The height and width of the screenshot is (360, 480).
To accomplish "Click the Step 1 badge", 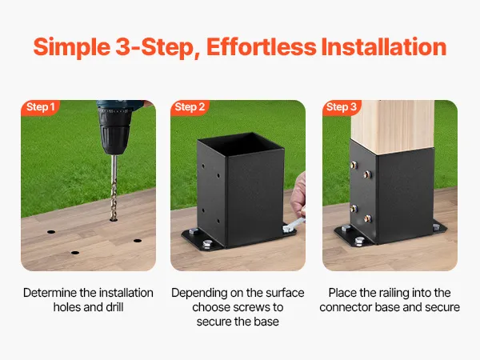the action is [x=40, y=107].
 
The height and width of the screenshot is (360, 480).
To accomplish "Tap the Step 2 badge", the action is [x=190, y=107].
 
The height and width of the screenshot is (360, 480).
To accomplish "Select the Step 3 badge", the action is [x=342, y=107].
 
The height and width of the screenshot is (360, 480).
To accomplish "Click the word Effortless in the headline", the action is [x=262, y=47].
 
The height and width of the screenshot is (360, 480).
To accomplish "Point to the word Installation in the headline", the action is [x=384, y=47].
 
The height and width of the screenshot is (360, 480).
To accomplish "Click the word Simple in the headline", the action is [x=72, y=48].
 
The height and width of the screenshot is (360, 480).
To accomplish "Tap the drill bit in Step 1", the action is [x=114, y=187].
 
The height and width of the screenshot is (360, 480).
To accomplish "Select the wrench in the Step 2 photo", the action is [x=293, y=225].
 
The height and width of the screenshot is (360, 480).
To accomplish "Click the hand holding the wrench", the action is [x=298, y=195].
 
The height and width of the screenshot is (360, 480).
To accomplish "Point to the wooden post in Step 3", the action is [x=393, y=126].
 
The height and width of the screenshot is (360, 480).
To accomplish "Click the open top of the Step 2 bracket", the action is [x=242, y=144].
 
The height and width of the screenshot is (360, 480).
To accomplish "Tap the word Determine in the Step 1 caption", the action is [x=50, y=293].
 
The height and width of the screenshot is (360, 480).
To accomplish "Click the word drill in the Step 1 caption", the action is [x=114, y=307].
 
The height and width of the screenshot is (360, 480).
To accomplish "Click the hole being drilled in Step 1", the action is [x=114, y=219].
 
